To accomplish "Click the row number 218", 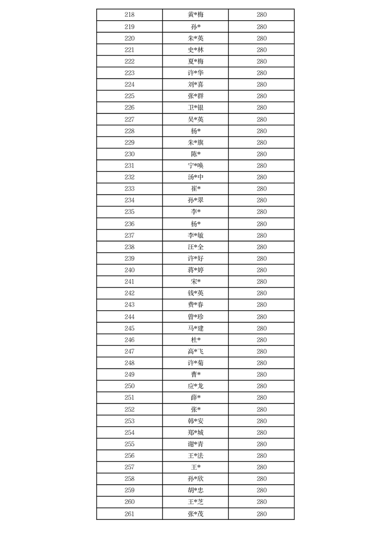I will coord(129,15).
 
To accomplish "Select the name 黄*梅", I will coord(196,15).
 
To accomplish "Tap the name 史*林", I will coord(196,50).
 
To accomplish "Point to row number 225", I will coord(129,96).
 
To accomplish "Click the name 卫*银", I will coord(196,108).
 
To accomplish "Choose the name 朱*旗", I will coord(196,143).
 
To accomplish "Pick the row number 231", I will coord(129,166).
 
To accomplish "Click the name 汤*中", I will coord(196,177).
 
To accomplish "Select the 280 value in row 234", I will coord(261,200).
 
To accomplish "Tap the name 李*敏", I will coord(196,235).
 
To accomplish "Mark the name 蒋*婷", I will coord(196,270).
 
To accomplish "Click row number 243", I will coord(129,305).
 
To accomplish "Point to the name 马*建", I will coord(196,329).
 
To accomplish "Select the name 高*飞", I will coord(196,352).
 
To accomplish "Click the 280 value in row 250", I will coord(261,386).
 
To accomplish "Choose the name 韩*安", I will coord(196,421).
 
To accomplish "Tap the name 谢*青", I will coord(196,444).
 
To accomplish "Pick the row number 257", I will coord(129,467).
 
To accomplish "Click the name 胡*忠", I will coord(196,490).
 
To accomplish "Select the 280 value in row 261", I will coord(261,514).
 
